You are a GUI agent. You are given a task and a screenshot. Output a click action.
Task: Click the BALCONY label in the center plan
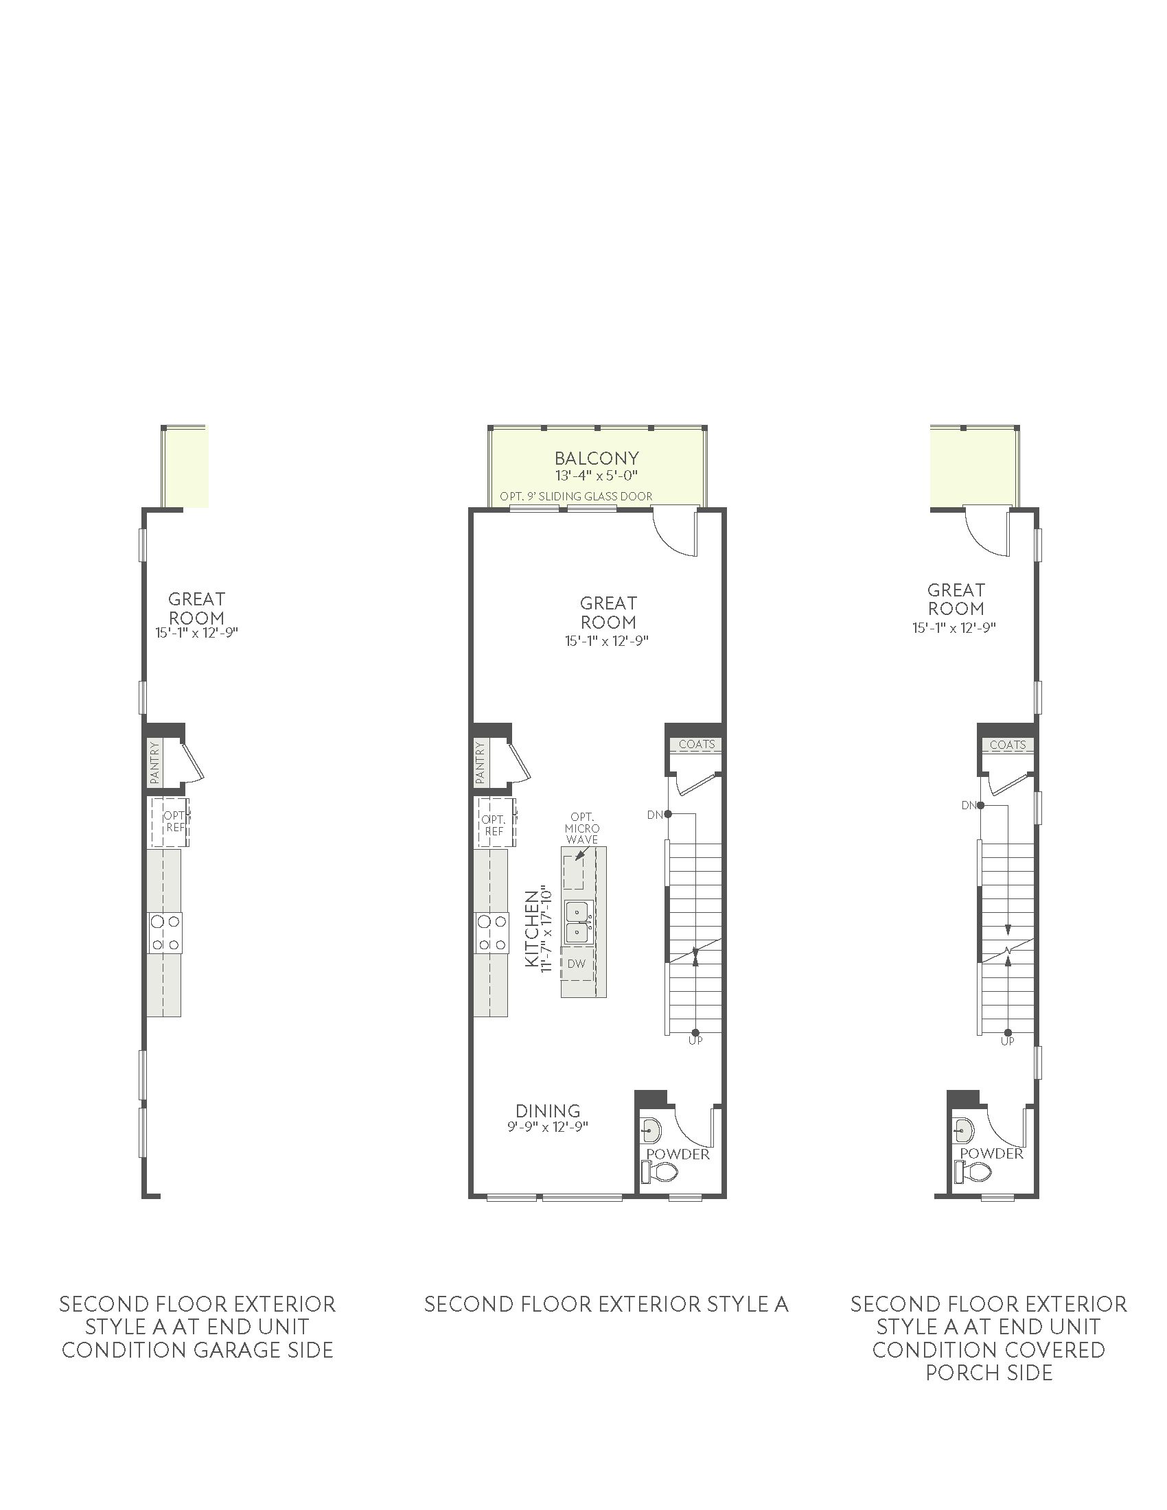click(597, 458)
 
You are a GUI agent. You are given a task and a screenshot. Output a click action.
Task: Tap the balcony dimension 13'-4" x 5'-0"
click(596, 475)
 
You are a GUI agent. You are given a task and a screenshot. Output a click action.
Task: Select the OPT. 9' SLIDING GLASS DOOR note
click(576, 496)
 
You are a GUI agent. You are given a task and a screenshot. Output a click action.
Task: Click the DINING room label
click(548, 1111)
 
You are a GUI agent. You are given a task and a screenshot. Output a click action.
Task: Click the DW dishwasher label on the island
click(575, 964)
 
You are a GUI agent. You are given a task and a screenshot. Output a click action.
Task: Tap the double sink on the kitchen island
click(579, 922)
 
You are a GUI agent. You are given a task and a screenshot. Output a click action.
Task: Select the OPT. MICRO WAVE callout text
click(582, 828)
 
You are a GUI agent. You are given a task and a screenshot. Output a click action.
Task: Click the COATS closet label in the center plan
click(696, 745)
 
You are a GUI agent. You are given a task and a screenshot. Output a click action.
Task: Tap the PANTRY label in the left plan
click(154, 763)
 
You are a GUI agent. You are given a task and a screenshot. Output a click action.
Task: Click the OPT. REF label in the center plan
click(494, 826)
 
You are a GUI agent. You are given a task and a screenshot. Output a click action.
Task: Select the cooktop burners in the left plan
click(165, 933)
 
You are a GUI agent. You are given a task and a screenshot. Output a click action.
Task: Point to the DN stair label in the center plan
click(654, 815)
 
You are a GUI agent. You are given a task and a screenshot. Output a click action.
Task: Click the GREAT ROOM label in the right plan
click(956, 599)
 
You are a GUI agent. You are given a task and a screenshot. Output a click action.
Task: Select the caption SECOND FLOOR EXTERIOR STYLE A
click(606, 1304)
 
